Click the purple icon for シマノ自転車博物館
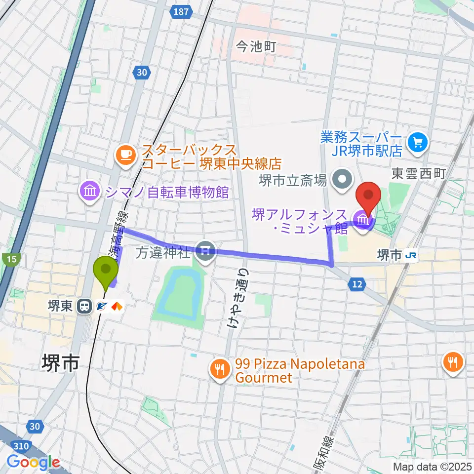click(89, 192)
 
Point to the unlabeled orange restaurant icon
click(452, 361)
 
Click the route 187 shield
click(182, 11)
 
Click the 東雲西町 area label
click(419, 173)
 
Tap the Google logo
click(33, 463)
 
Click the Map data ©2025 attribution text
click(432, 466)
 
